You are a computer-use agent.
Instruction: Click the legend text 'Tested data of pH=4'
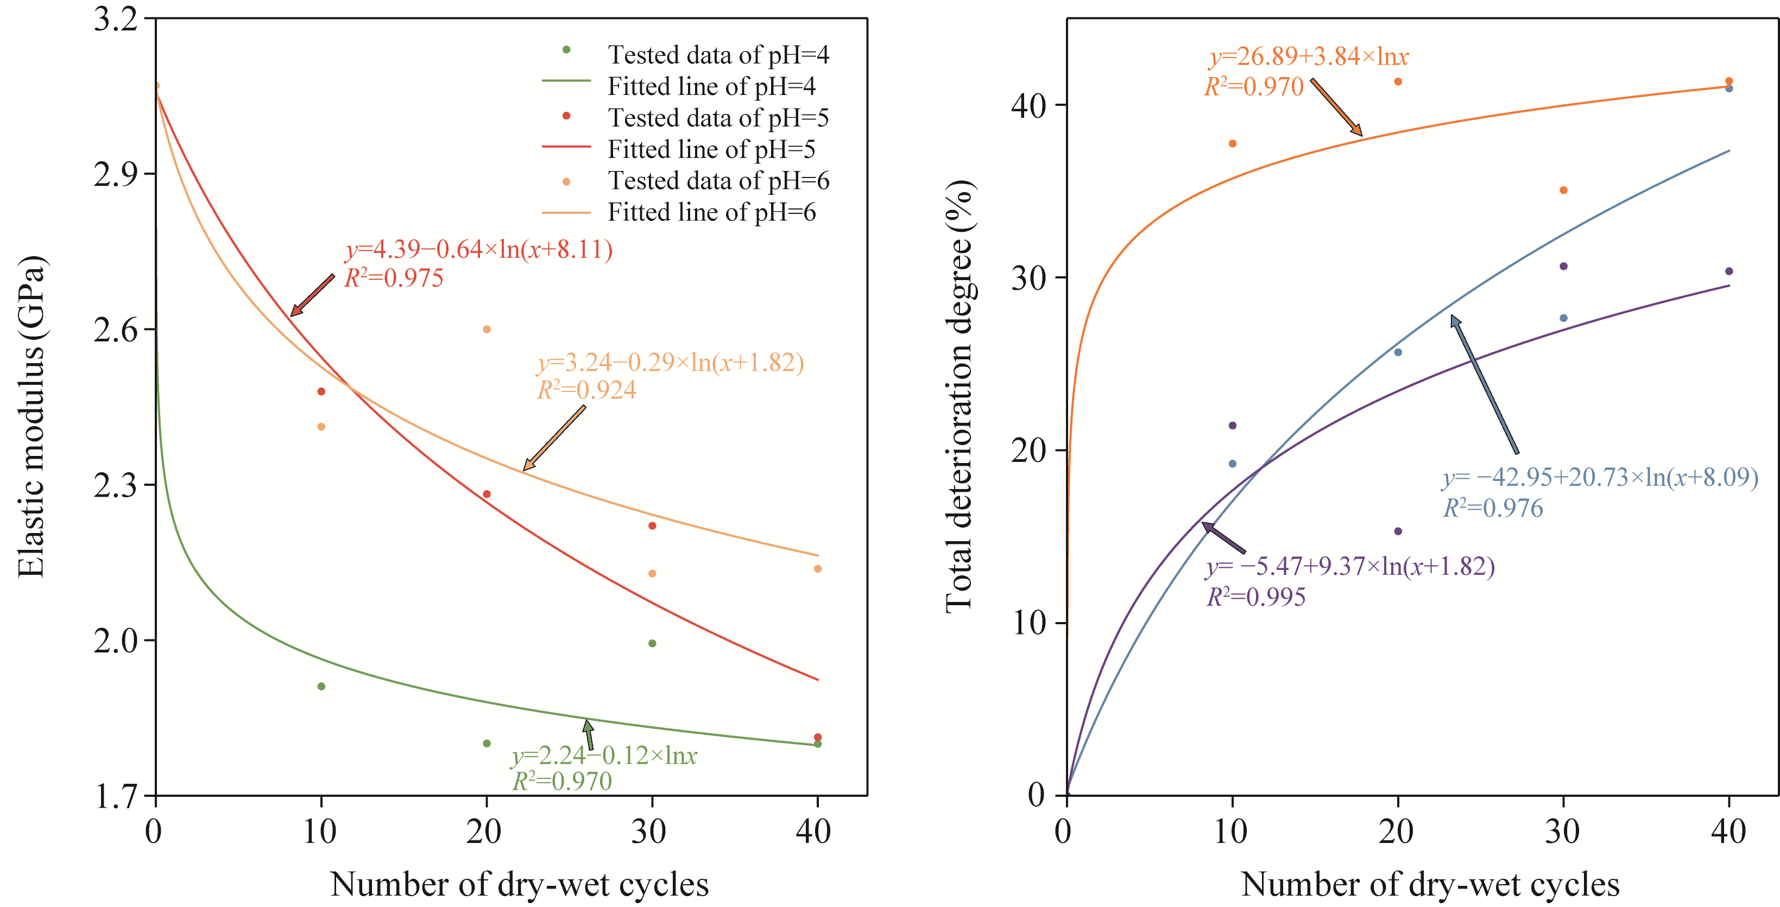click(x=718, y=55)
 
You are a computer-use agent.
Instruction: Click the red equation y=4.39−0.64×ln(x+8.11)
click(x=479, y=249)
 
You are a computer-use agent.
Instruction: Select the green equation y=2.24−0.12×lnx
click(x=604, y=755)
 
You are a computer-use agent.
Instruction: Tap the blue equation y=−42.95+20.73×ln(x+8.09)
click(x=1600, y=477)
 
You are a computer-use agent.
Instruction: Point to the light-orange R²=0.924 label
click(x=586, y=390)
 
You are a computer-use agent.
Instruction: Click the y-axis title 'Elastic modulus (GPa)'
click(x=31, y=416)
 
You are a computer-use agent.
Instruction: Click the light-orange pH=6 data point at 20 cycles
click(x=487, y=329)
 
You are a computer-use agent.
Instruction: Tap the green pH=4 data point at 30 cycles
click(x=652, y=644)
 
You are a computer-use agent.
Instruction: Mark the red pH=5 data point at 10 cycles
click(x=321, y=392)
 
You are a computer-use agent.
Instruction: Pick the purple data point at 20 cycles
click(x=1398, y=531)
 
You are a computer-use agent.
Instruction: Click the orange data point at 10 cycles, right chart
click(x=1233, y=144)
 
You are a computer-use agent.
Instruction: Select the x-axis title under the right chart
click(x=1430, y=885)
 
